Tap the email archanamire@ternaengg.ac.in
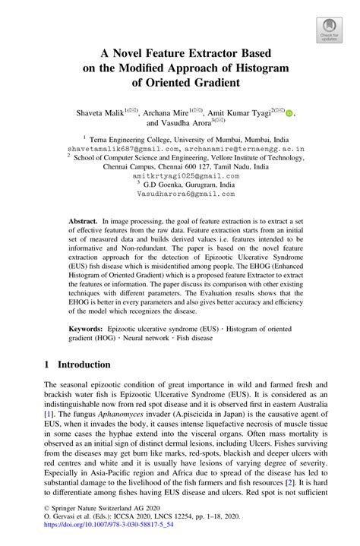[x=232, y=150]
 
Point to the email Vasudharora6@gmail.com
[x=181, y=194]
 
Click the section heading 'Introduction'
[x=76, y=365]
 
